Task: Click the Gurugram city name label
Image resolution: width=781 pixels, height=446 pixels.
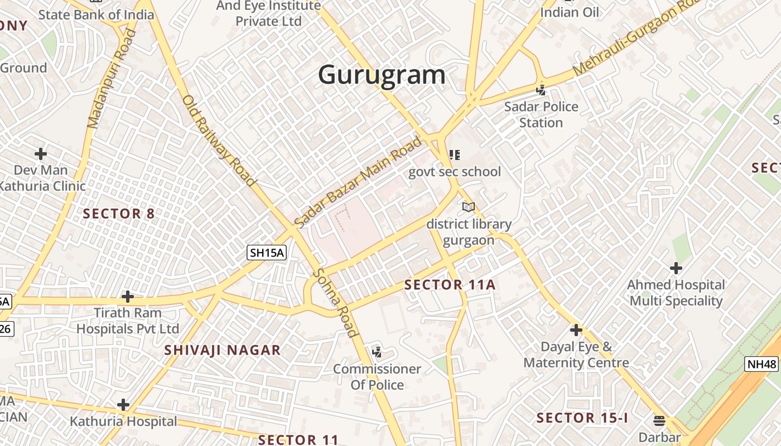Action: coord(382,75)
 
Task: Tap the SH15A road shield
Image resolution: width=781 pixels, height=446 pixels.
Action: coord(267,253)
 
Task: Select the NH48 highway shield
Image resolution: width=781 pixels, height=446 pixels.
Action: coord(761,365)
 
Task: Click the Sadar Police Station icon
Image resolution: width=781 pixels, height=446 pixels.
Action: coord(541,89)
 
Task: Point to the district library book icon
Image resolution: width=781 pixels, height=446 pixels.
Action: coord(469,207)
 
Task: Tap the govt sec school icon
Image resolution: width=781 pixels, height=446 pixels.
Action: coord(455,154)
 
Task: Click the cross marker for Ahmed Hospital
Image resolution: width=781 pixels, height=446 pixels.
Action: coord(676,268)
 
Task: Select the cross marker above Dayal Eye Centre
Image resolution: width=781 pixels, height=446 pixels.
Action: coord(576,330)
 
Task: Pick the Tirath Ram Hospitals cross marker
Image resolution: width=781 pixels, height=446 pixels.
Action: coord(128,297)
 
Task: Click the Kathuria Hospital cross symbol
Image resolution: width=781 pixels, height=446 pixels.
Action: coord(123,405)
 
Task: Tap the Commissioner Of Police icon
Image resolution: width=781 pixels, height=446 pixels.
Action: coord(377,352)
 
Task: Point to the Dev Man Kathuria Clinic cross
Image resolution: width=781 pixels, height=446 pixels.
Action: coord(41,154)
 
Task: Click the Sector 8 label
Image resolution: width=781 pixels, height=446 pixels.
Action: coord(119,214)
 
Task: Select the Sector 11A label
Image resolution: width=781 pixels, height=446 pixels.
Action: coord(450,285)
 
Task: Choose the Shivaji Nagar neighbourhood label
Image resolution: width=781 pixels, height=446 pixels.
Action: coord(223,350)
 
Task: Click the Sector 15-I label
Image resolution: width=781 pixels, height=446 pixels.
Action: coord(582,418)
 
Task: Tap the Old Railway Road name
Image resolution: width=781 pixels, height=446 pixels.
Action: coord(219,140)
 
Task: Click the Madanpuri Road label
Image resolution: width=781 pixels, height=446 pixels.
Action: coord(112,78)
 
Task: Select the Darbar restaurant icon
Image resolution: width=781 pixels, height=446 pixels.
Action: coord(659,420)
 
